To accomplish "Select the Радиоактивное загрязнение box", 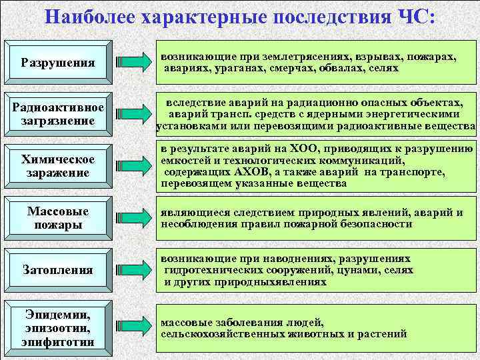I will pos(58,115).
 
